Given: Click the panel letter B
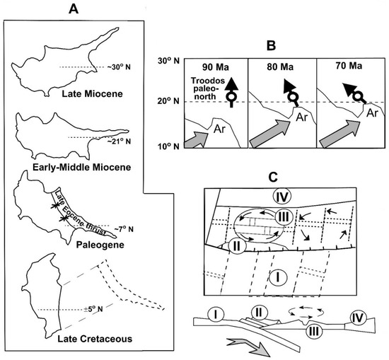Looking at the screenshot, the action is pos(271,46).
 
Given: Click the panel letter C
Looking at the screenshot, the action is pos(273,177).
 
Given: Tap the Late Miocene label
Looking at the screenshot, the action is pos(92,94).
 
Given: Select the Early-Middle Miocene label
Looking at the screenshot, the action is pos(82,167).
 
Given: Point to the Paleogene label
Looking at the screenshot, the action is pos(100,245).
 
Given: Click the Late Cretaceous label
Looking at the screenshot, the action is pos(95,339).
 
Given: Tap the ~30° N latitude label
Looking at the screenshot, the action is pos(119,67).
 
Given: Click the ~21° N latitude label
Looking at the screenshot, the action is pos(119,141).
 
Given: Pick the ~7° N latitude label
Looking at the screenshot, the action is pos(124,229).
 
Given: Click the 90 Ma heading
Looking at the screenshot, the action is pos(215,67).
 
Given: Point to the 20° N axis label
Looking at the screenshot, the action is pos(168,101).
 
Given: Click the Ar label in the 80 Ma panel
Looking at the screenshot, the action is pos(301,117).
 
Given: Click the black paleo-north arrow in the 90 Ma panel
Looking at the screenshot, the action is pos(231,92).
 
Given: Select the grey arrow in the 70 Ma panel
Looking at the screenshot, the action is pos(339,134).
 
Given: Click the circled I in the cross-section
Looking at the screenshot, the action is pos(216,315).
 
